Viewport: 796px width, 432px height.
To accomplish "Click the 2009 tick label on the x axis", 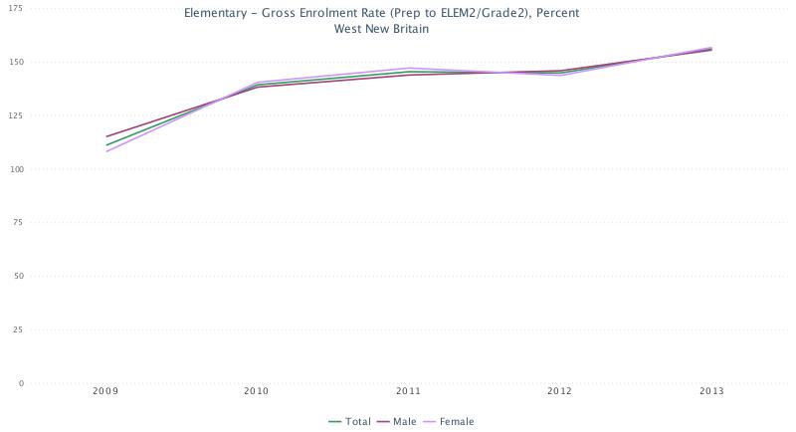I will point(105,392).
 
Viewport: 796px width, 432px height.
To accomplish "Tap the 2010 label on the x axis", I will point(257,392).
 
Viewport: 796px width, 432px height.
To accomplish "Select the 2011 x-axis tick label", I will point(408,392).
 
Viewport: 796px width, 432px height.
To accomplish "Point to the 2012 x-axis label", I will point(559,392).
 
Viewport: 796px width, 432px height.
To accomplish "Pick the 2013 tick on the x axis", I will point(710,392).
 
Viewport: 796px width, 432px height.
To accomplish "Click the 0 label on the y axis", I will point(20,383).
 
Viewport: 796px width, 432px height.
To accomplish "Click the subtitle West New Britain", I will point(381,29).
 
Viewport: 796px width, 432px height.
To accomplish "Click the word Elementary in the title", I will point(214,14).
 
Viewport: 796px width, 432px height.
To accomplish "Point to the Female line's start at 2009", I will point(106,151).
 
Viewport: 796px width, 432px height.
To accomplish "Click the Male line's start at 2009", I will point(106,136).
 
